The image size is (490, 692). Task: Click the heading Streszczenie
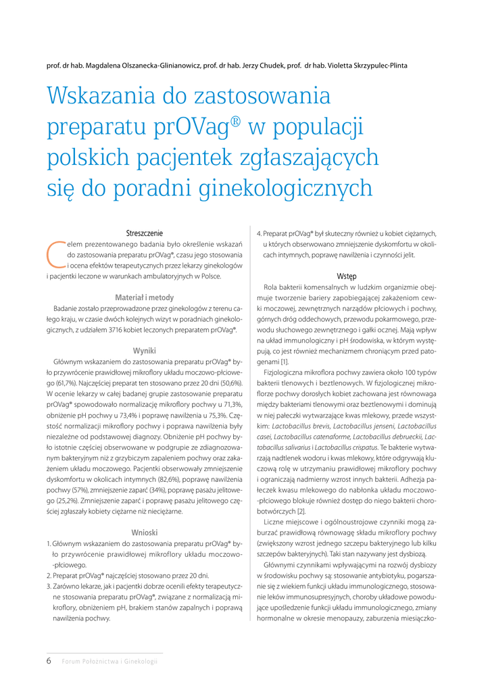point(144,233)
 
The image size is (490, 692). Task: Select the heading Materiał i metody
point(144,296)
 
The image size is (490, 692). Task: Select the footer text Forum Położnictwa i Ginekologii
point(109,661)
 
